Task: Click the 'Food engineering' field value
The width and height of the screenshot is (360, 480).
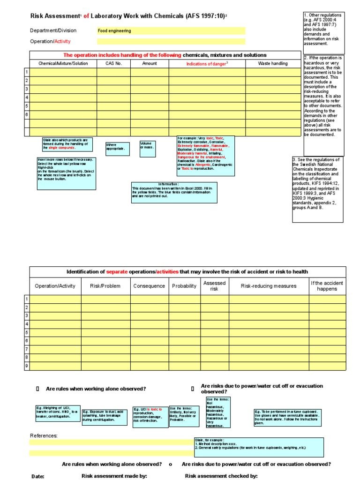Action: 114,31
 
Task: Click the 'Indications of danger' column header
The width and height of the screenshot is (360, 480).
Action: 207,64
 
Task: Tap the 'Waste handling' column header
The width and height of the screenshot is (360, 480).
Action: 273,63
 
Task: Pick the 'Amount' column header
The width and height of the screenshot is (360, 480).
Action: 150,63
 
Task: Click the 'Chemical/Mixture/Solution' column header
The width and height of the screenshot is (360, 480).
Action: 63,63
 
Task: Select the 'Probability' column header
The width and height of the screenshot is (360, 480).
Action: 184,286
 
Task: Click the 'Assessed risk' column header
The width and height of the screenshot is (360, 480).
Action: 214,286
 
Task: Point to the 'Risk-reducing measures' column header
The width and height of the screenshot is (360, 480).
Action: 269,286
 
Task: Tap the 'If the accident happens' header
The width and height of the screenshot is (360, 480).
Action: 327,286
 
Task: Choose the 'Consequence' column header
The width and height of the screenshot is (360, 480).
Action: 149,286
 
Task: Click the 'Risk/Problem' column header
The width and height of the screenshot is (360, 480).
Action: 105,286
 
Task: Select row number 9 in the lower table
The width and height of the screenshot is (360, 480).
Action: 27,366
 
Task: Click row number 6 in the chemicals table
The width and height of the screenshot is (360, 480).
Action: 27,114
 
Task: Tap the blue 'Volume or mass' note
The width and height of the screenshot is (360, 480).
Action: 148,146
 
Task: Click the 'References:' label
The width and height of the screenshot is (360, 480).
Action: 44,435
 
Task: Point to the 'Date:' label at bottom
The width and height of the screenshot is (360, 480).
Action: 37,476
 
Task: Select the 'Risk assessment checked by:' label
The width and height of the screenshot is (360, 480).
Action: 221,476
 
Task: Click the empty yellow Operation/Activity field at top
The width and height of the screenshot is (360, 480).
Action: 171,41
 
